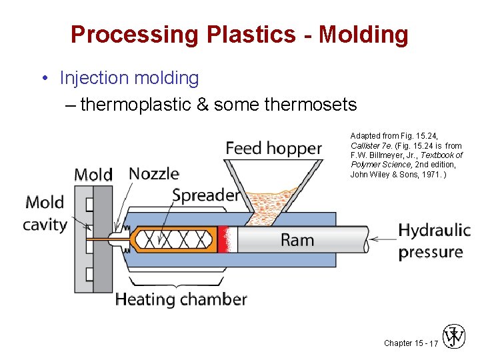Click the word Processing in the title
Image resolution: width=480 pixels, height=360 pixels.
134,34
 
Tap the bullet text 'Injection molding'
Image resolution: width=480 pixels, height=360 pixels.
129,78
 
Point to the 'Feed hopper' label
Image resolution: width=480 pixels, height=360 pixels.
273,148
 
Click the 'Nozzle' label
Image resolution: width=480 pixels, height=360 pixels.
154,174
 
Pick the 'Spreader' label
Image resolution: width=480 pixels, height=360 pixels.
205,195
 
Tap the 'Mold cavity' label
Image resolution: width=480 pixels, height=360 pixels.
45,213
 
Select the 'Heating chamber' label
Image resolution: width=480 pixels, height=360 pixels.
181,299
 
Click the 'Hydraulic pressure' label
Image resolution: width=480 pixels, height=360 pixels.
434,241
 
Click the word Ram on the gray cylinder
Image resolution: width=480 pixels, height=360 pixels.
297,240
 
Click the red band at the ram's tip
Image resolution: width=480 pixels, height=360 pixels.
227,239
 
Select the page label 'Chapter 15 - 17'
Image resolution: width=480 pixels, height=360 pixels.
411,343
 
